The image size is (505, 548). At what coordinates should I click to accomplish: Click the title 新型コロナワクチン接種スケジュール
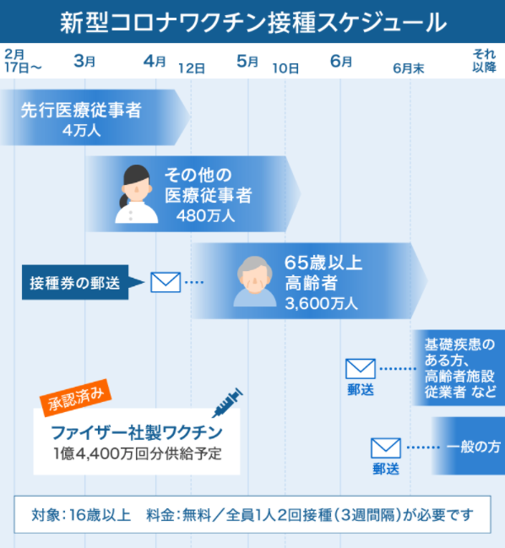tap(253, 22)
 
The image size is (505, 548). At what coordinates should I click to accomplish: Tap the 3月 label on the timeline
tap(84, 61)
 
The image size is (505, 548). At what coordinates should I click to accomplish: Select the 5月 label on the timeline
tap(247, 61)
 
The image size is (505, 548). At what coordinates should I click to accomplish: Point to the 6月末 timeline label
tap(409, 68)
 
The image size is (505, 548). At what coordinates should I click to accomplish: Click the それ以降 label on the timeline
tap(485, 61)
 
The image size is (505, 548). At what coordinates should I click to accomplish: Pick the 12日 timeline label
tap(192, 68)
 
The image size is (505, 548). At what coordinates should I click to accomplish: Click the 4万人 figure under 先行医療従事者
tap(81, 131)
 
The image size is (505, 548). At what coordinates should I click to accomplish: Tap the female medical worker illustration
tap(136, 194)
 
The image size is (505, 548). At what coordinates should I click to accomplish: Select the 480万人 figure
tap(205, 215)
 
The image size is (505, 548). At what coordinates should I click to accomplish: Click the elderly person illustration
tap(255, 282)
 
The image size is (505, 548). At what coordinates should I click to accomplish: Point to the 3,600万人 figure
tap(321, 303)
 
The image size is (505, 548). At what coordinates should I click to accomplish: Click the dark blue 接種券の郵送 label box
tap(75, 282)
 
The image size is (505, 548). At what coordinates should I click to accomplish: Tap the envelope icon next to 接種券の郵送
tap(166, 282)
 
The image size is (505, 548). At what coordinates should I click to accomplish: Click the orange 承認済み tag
tap(75, 398)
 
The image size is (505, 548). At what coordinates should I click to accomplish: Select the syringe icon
tap(227, 403)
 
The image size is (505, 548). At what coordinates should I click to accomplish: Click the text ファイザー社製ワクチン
tap(137, 432)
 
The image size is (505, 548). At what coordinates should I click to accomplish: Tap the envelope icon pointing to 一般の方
tap(386, 448)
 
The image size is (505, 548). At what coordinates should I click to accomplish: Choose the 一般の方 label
tap(474, 447)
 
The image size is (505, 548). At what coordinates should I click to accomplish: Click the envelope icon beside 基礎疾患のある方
tap(361, 369)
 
